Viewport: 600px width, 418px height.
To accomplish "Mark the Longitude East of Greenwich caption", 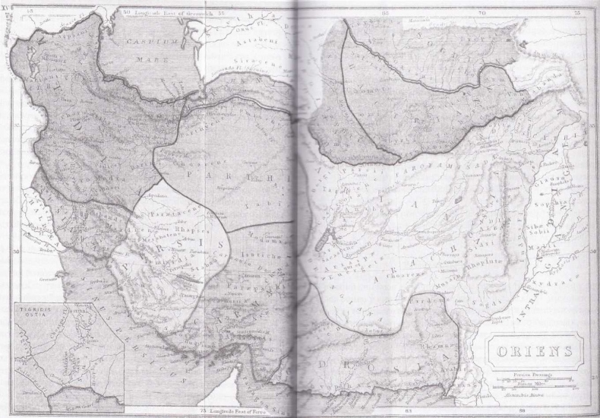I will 166,13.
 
